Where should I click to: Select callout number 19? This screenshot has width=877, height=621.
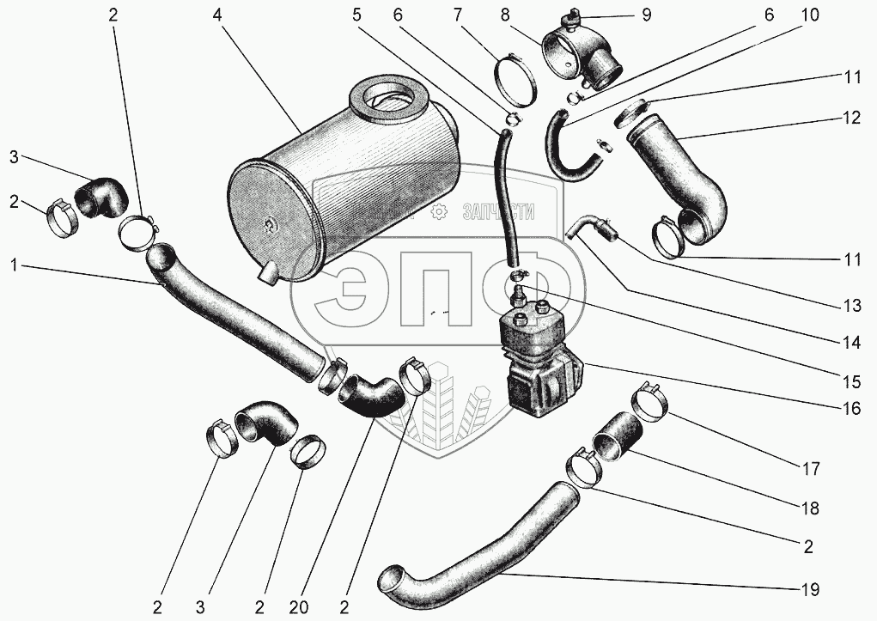click(809, 589)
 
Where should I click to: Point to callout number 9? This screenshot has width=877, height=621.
click(645, 15)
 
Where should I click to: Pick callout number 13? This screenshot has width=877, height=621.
click(851, 304)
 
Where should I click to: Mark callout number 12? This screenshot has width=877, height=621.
click(850, 119)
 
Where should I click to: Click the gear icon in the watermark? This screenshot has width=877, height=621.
click(438, 212)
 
